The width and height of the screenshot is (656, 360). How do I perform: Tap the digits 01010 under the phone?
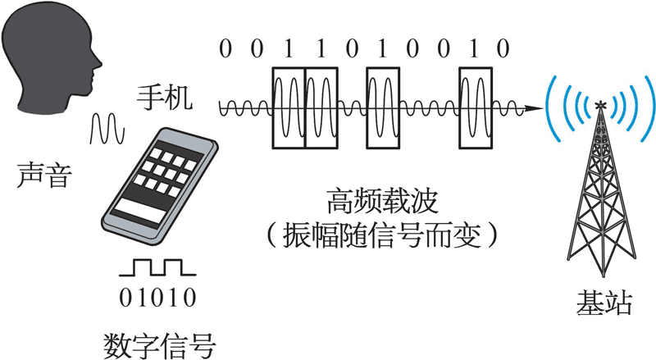pyautogui.click(x=158, y=296)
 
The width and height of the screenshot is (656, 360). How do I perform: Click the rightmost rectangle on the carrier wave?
pyautogui.click(x=476, y=107)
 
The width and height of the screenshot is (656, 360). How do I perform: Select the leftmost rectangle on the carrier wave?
pyautogui.click(x=288, y=107)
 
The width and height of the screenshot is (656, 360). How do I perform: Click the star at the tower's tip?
pyautogui.click(x=601, y=104)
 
